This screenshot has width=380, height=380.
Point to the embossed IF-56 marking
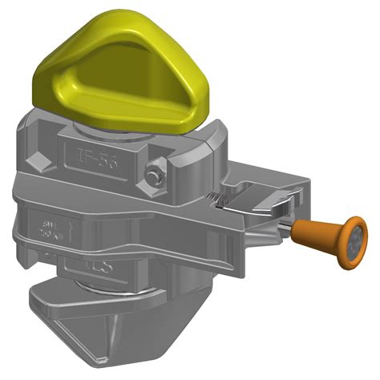tap(97, 158)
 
